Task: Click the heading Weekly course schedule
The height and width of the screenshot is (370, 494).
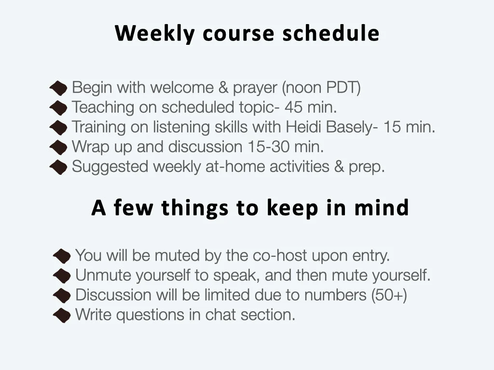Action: point(247,33)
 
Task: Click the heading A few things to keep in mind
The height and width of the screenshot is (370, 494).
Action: point(250,208)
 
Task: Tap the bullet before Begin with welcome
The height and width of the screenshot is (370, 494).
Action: point(58,88)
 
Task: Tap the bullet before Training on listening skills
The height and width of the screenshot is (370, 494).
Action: point(58,128)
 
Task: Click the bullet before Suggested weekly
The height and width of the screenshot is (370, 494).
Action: point(58,167)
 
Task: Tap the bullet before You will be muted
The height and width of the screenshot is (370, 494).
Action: point(62,255)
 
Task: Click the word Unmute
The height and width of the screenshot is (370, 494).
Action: point(104,276)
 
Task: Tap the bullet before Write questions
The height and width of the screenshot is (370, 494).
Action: point(62,316)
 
